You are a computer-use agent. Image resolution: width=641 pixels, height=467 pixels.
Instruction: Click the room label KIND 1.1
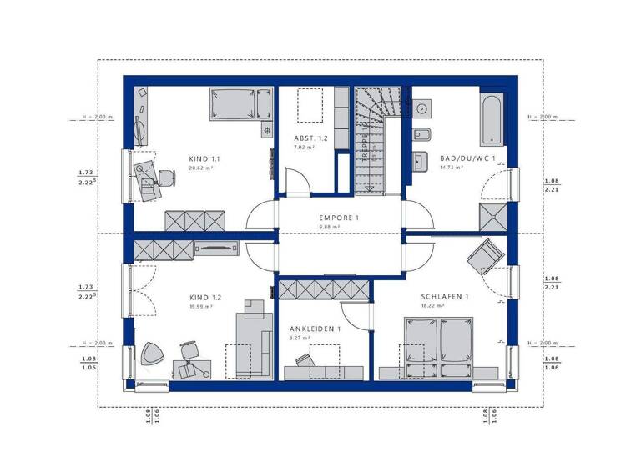point(204,158)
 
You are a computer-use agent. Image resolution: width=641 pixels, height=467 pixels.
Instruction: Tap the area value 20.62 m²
point(201,168)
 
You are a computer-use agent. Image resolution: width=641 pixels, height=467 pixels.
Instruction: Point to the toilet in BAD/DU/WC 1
point(421,135)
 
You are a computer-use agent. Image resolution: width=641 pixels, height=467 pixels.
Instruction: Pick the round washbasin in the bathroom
point(421,108)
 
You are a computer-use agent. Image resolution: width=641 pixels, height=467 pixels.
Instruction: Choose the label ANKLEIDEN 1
point(315,329)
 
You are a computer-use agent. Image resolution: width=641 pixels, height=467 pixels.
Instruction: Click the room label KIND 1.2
point(205,297)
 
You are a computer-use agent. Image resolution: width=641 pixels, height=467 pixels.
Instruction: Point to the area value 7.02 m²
point(304,147)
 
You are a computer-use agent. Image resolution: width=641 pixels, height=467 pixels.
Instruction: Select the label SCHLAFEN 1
point(444,297)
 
